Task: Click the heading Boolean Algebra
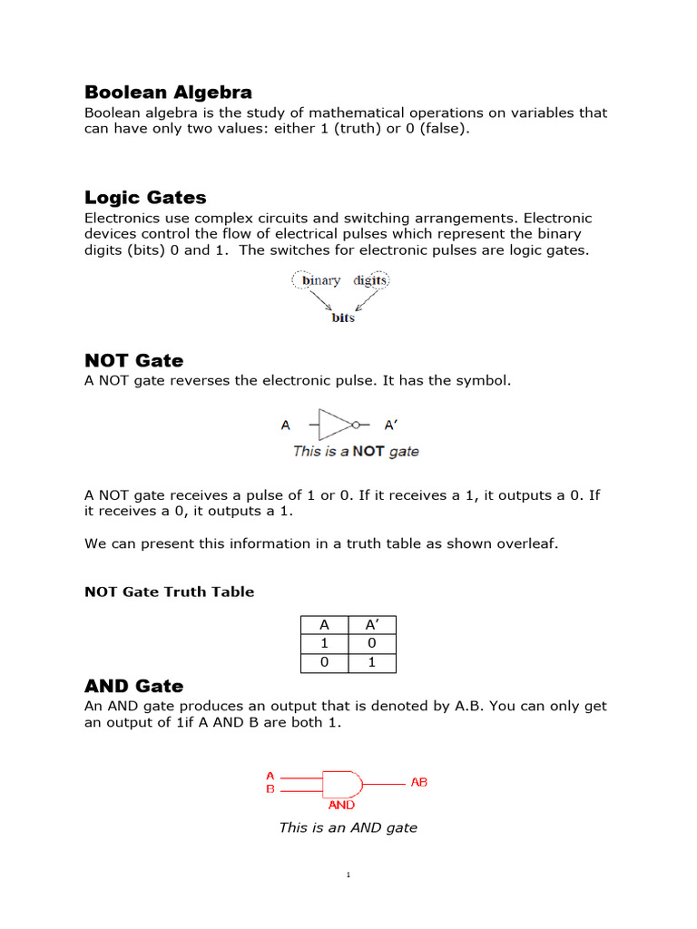click(168, 93)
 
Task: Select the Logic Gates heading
click(145, 198)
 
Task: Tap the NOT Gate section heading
click(133, 360)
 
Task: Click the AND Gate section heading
click(133, 686)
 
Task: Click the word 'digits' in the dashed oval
click(369, 281)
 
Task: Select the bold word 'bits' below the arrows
click(342, 318)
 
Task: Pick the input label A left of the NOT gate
click(286, 424)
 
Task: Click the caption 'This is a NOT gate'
click(356, 451)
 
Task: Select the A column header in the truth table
click(323, 624)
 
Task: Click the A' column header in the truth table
click(371, 624)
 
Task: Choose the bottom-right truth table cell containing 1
click(371, 663)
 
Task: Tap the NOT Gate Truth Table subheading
click(169, 592)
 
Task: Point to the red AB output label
click(418, 782)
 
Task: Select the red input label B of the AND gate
click(270, 789)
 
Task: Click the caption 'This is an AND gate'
click(348, 827)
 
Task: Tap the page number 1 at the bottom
click(348, 875)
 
